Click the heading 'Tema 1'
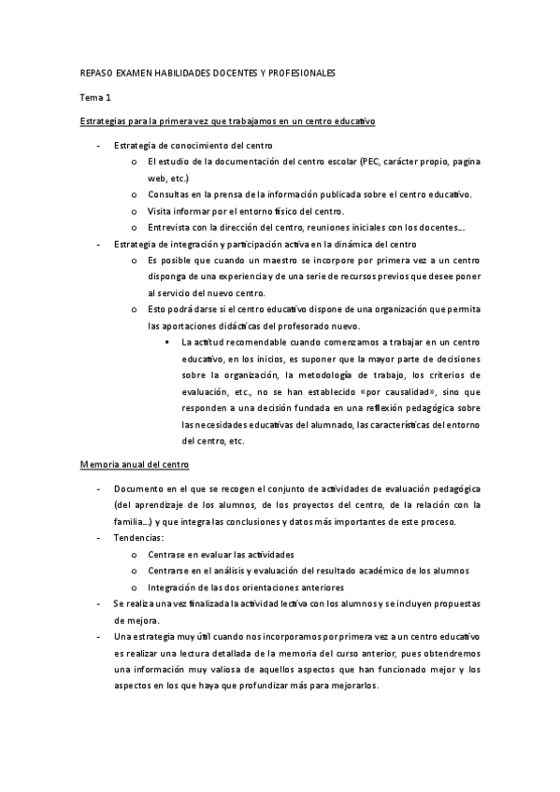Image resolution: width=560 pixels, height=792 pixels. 95,96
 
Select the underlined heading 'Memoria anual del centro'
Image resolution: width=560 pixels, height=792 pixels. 136,463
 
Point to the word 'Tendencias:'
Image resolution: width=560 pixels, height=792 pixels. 138,538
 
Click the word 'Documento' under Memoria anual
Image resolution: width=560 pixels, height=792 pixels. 139,488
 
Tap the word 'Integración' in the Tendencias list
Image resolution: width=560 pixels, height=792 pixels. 174,587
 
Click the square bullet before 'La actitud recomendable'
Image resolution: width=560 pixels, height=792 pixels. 163,342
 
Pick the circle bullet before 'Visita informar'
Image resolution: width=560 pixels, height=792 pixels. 136,211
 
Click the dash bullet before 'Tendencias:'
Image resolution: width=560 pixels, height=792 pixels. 99,538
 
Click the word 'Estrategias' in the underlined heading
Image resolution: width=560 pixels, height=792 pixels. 108,121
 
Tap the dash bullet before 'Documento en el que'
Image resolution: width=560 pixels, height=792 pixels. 99,488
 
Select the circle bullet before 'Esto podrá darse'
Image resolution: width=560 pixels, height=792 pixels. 136,309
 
